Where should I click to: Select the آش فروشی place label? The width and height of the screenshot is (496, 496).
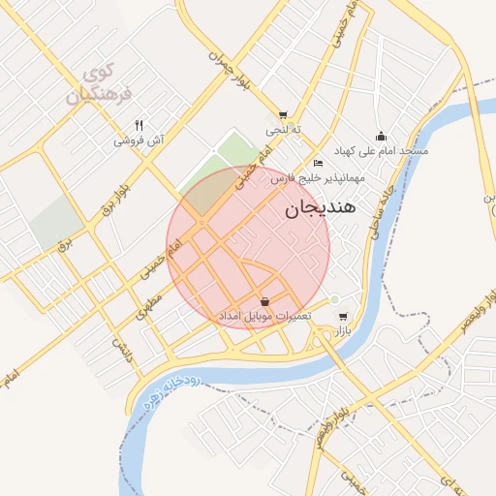pyautogui.click(x=139, y=141)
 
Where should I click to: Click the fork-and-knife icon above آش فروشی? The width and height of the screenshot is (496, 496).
pyautogui.click(x=139, y=125)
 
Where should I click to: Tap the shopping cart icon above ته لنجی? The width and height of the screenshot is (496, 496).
pyautogui.click(x=283, y=115)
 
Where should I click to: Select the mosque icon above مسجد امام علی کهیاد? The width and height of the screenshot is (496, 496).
pyautogui.click(x=381, y=136)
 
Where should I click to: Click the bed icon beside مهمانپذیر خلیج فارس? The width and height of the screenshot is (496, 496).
pyautogui.click(x=319, y=163)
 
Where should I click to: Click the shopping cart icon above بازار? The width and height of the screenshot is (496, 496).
pyautogui.click(x=342, y=316)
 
